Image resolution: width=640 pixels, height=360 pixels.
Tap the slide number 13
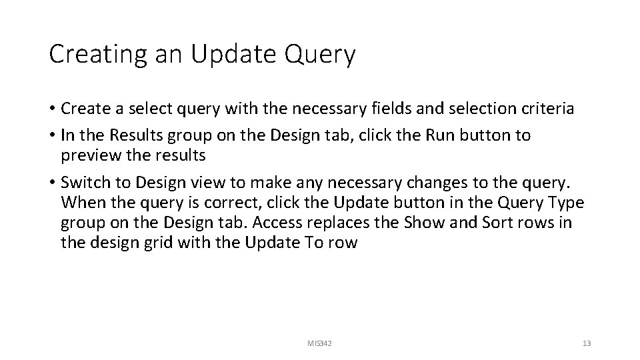(x=587, y=343)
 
